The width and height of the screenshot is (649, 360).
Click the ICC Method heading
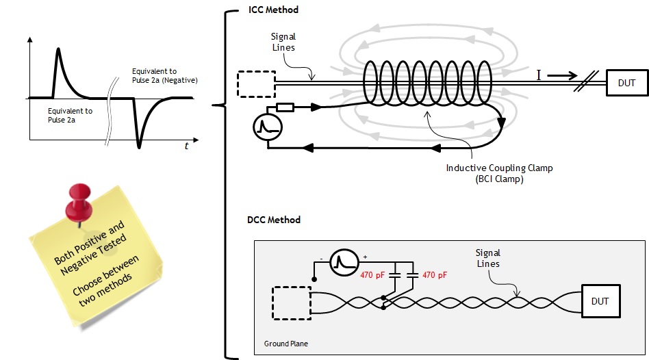tap(272, 10)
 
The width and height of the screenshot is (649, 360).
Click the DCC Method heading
tap(273, 220)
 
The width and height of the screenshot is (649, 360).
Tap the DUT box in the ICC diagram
tap(626, 83)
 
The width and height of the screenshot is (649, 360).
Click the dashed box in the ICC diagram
tap(255, 83)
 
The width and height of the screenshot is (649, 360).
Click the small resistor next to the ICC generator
tap(285, 107)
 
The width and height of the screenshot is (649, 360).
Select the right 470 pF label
tap(434, 275)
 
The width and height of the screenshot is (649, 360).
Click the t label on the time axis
tap(186, 146)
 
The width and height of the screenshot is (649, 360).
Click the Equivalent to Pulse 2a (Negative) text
tap(165, 75)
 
